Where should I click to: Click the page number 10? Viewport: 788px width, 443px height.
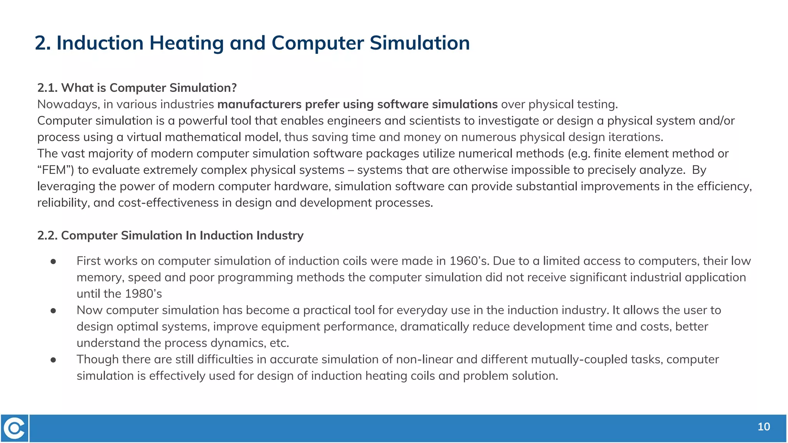point(763,427)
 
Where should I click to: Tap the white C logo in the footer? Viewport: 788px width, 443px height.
point(15,428)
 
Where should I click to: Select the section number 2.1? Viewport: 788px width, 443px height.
point(47,88)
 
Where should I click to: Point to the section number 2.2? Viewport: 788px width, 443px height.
point(47,235)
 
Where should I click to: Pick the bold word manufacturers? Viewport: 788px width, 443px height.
point(259,104)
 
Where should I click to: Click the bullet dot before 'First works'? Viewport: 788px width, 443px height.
point(53,261)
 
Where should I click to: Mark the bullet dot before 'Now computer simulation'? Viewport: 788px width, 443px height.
point(53,311)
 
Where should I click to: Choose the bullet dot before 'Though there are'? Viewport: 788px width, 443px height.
point(53,360)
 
